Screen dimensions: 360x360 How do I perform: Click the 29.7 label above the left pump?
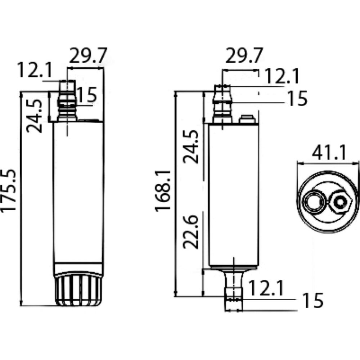(x=88, y=56)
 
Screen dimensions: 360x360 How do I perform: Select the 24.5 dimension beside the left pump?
(x=35, y=115)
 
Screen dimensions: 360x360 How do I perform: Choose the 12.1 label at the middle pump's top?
(x=282, y=76)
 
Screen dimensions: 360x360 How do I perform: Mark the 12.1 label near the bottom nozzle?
(x=266, y=289)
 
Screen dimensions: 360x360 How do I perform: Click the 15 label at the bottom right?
(x=312, y=301)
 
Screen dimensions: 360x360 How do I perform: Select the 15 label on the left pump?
(x=86, y=95)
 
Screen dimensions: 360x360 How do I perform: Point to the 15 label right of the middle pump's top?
(x=297, y=98)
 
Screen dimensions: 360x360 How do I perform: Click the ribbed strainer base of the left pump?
(x=78, y=290)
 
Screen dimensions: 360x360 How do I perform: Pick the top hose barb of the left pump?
(x=67, y=101)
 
